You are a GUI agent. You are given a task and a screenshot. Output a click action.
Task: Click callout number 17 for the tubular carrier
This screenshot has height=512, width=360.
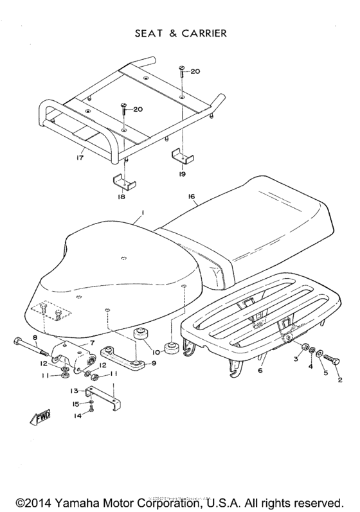(x=80, y=155)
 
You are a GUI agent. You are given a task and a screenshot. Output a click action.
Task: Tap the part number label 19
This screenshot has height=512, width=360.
(x=183, y=173)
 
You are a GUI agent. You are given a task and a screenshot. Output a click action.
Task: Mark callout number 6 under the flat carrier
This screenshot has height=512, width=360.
(x=260, y=371)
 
